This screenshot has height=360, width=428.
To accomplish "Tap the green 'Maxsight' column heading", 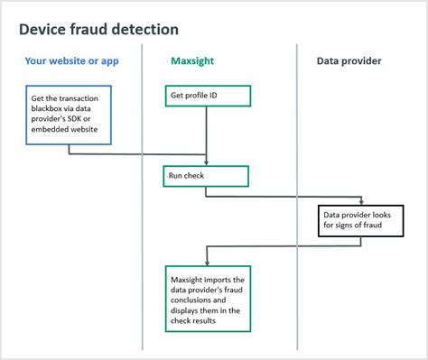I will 192,61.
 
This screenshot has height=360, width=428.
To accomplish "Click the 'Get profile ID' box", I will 207,96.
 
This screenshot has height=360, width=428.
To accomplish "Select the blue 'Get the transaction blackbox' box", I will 69,115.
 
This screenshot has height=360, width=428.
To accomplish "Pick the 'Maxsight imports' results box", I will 208,297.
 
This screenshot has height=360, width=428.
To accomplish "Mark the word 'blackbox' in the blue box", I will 51,109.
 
